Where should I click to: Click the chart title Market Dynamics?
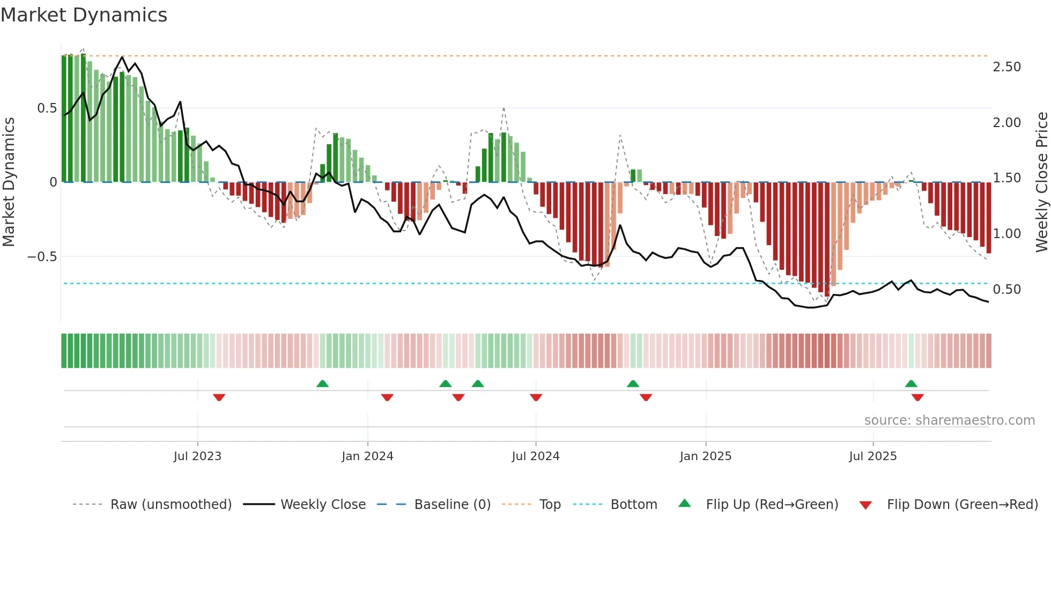[x=84, y=15]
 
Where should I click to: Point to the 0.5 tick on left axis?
[x=47, y=108]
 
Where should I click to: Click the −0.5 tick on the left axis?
[x=42, y=257]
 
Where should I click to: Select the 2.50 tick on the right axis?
[x=1006, y=67]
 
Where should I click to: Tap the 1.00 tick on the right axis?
[x=1006, y=234]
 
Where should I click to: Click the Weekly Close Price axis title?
[x=1041, y=182]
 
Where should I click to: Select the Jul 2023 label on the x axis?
[x=197, y=456]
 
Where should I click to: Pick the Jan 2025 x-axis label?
[x=705, y=456]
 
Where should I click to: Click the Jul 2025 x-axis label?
[x=872, y=456]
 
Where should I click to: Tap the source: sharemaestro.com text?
[x=949, y=420]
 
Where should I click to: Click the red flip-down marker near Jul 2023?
[x=219, y=397]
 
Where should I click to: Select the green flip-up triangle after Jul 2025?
[x=911, y=383]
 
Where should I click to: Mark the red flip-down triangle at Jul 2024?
[x=536, y=397]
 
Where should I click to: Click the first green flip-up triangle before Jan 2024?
[x=322, y=383]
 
